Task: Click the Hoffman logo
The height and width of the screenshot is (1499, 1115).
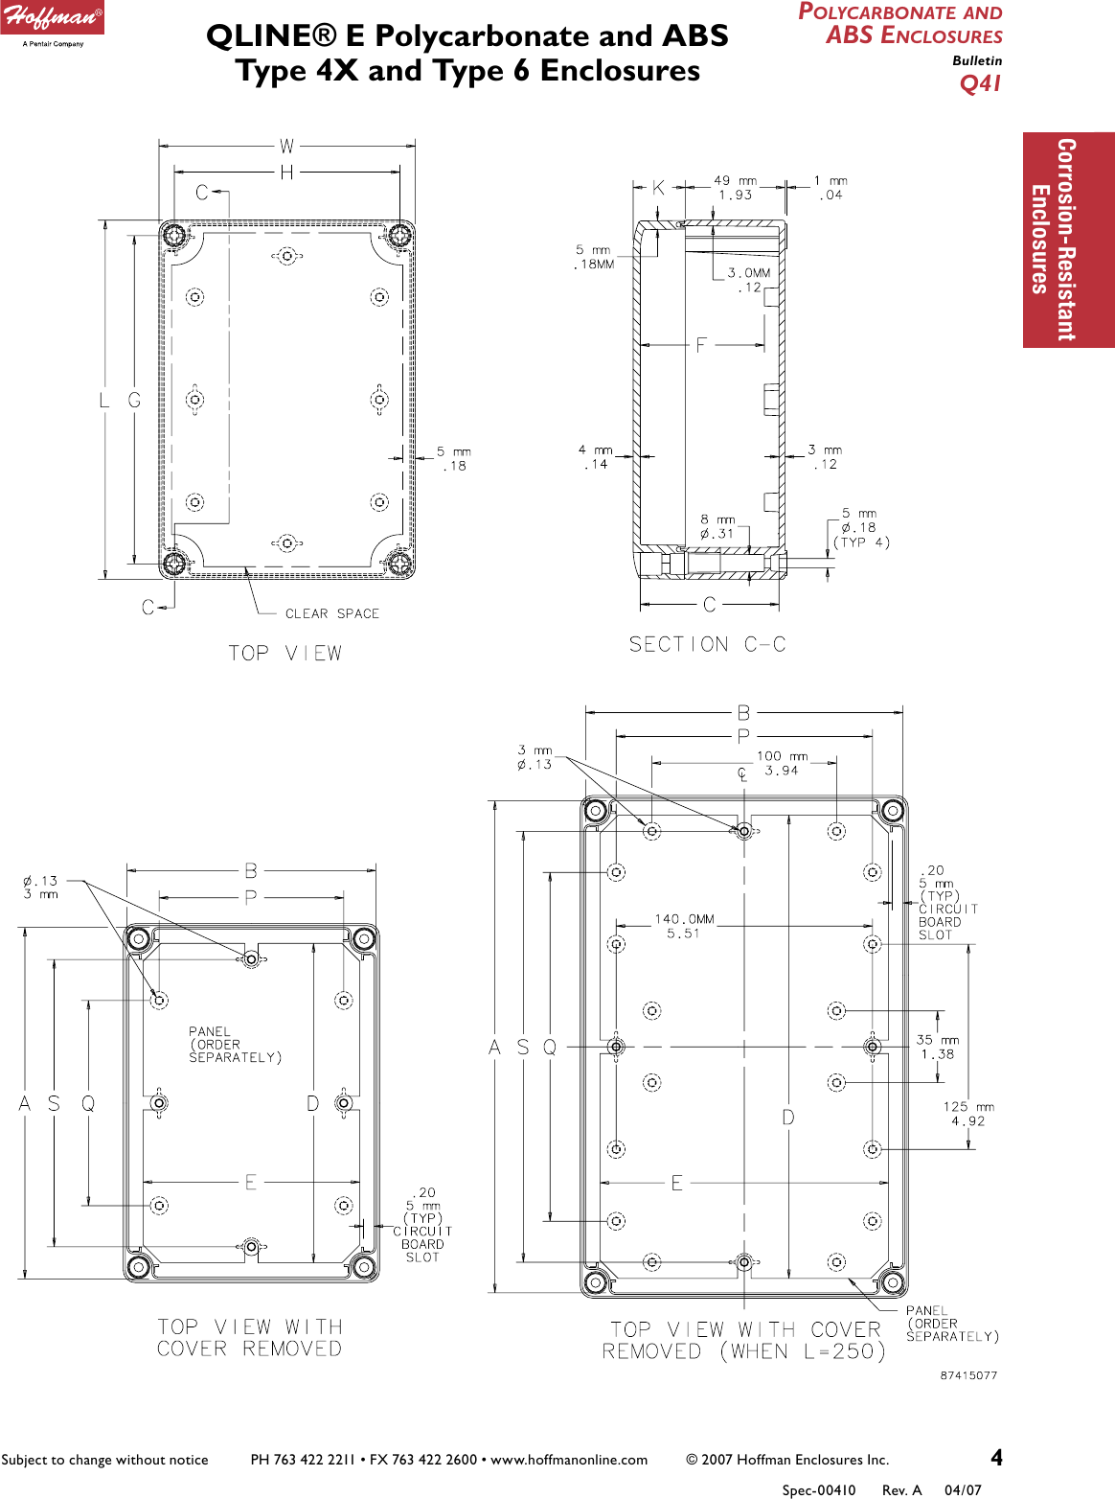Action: [x=53, y=21]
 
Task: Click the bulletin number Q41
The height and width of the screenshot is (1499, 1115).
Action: [x=980, y=83]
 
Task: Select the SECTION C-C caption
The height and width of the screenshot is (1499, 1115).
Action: [x=707, y=645]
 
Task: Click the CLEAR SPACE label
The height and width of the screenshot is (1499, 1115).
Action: [x=331, y=613]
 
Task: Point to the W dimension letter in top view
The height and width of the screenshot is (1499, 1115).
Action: [x=286, y=147]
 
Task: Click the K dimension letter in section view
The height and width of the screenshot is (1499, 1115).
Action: [x=658, y=188]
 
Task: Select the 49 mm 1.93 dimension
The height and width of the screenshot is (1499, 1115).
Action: [x=735, y=187]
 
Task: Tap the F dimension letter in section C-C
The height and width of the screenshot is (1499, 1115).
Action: [x=701, y=345]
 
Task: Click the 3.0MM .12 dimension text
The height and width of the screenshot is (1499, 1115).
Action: [x=749, y=280]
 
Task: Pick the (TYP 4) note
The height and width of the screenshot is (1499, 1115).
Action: [x=861, y=542]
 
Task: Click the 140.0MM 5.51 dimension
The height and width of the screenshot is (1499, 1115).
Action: [x=684, y=926]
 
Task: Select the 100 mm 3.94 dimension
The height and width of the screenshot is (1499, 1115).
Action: [x=782, y=763]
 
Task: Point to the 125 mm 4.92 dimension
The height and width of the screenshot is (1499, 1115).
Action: [x=968, y=1114]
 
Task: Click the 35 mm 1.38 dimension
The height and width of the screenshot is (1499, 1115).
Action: [x=938, y=1047]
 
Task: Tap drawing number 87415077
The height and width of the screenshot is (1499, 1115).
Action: [x=968, y=1375]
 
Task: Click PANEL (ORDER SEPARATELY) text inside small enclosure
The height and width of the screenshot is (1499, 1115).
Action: [x=235, y=1045]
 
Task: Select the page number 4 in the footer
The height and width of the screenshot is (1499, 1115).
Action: [x=996, y=1458]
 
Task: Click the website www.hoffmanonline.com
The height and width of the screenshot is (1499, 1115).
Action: [x=569, y=1460]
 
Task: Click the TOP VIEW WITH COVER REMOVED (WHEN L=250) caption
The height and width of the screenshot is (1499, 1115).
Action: [x=744, y=1341]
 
